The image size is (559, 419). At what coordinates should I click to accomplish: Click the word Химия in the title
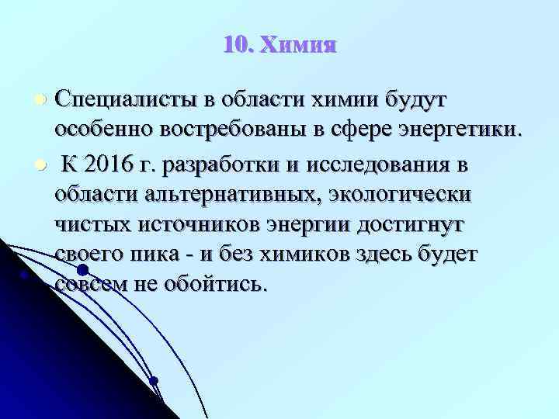point(298,46)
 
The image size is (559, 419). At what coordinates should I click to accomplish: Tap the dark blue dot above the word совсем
point(82,271)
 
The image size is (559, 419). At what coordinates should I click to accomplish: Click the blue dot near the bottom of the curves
point(154,380)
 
